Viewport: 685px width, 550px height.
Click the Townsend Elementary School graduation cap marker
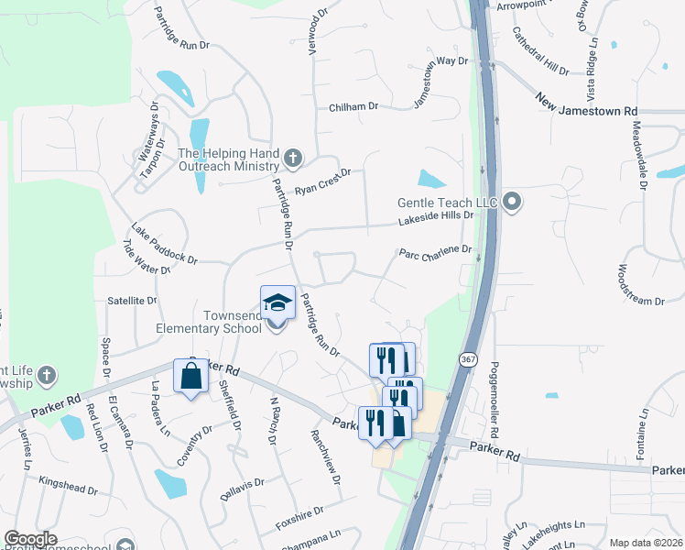(x=277, y=303)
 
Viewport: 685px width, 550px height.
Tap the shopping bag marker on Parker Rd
(x=190, y=377)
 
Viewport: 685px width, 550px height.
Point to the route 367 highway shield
(x=468, y=358)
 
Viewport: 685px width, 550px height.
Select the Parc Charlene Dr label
(x=435, y=249)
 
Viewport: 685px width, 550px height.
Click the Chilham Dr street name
(x=353, y=107)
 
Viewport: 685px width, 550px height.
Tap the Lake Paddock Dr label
(x=164, y=243)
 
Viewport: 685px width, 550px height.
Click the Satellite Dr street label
(x=132, y=300)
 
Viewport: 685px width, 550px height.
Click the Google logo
(x=30, y=539)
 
